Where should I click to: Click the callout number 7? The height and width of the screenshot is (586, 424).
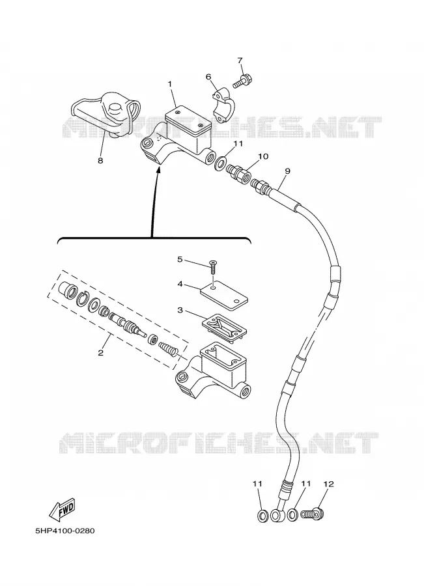tap(240, 61)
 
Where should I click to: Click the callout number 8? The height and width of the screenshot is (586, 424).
tap(100, 161)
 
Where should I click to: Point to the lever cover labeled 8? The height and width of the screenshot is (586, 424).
tap(105, 115)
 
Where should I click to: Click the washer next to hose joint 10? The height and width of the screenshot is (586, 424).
tap(221, 163)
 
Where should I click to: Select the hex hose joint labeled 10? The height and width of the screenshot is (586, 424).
tap(239, 173)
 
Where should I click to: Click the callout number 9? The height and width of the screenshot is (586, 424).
tap(287, 171)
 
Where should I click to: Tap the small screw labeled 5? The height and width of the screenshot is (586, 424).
tap(214, 268)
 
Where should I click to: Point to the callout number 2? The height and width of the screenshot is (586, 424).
tap(100, 353)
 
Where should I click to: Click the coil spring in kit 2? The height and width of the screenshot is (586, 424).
tap(167, 350)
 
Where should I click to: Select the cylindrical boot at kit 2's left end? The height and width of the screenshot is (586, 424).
tap(68, 290)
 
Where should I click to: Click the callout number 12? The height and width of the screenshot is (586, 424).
tap(328, 484)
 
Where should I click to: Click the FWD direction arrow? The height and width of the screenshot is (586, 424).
tap(63, 509)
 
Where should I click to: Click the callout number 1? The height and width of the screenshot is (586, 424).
tap(170, 84)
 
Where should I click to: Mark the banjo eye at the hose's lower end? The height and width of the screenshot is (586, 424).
tap(277, 515)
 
